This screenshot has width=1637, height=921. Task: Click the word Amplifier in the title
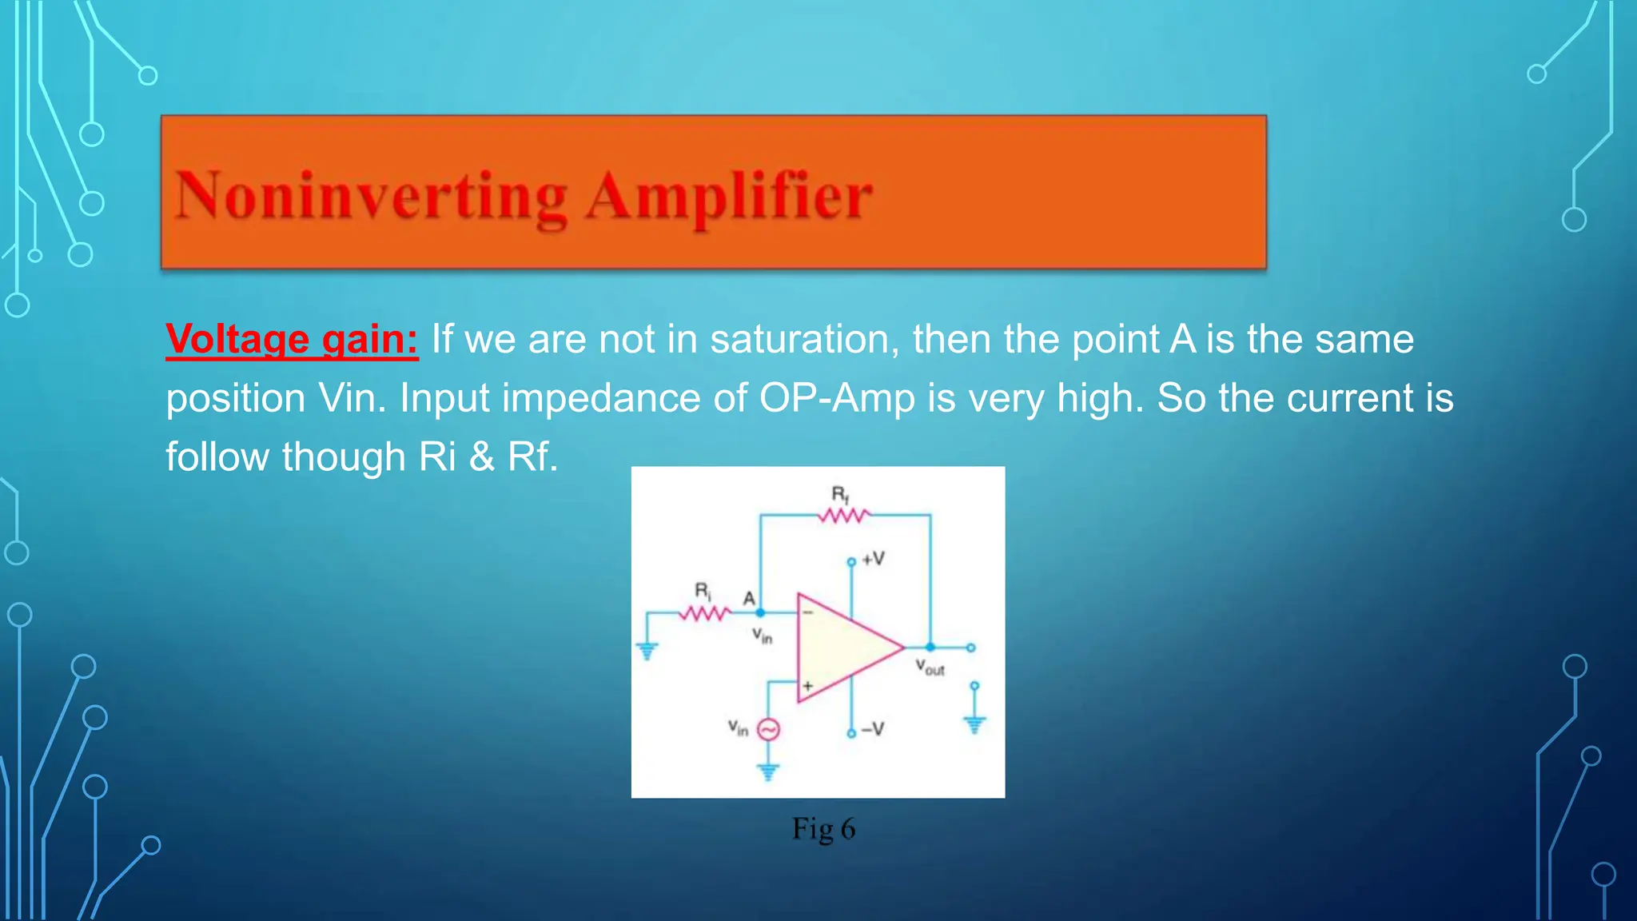click(728, 196)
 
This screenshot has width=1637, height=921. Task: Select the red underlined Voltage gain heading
click(292, 339)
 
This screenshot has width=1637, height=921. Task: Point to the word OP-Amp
click(837, 398)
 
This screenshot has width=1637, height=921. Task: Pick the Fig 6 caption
click(823, 829)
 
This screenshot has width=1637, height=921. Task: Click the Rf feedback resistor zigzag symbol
click(842, 516)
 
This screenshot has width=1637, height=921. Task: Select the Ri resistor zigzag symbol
click(704, 613)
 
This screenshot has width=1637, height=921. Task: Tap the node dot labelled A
click(760, 612)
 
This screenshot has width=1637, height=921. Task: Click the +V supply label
click(873, 558)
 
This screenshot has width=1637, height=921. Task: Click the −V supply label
click(873, 729)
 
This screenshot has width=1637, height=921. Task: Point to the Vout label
click(930, 667)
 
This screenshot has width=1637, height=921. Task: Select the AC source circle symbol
click(768, 729)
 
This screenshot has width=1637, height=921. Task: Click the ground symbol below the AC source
click(768, 772)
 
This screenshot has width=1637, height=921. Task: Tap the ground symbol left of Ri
click(647, 651)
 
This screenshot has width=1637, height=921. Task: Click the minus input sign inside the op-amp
click(808, 612)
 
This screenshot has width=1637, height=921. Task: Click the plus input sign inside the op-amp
click(808, 686)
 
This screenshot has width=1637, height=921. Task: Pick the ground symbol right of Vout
click(974, 724)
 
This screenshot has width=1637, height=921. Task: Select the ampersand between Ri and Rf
click(482, 457)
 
